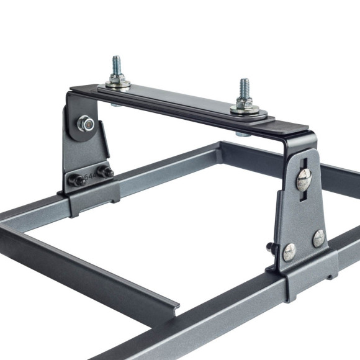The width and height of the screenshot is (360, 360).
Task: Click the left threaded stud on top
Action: coord(116,65)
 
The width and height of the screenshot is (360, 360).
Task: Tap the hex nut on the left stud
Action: coord(117,78)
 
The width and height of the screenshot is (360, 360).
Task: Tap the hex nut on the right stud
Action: coord(245,102)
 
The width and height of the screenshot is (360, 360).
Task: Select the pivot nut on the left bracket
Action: coord(86,124)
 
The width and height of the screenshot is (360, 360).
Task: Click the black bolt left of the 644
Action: coord(76,181)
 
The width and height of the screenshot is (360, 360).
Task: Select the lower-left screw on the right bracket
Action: coord(289,251)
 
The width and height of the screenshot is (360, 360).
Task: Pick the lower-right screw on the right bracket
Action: coord(318,238)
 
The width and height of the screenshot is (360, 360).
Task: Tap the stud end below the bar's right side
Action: coord(243,133)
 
